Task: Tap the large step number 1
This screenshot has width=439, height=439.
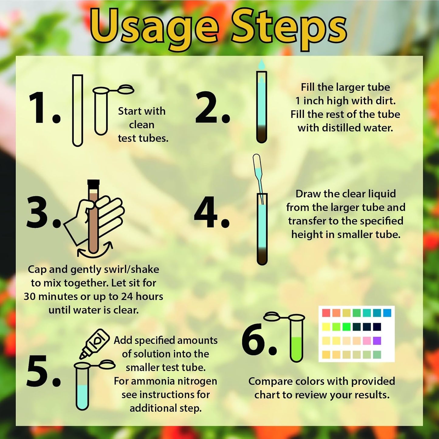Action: point(44,108)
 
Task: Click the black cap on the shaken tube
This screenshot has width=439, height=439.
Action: point(93,183)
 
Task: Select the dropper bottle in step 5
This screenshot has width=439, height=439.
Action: point(95,343)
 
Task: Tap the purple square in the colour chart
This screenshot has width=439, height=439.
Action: point(377,340)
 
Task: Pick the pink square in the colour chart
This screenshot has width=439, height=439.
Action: point(367,340)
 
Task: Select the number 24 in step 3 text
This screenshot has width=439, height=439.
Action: point(127,296)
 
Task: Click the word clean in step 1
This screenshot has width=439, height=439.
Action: point(142,125)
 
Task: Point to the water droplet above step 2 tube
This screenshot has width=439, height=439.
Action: point(261,64)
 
